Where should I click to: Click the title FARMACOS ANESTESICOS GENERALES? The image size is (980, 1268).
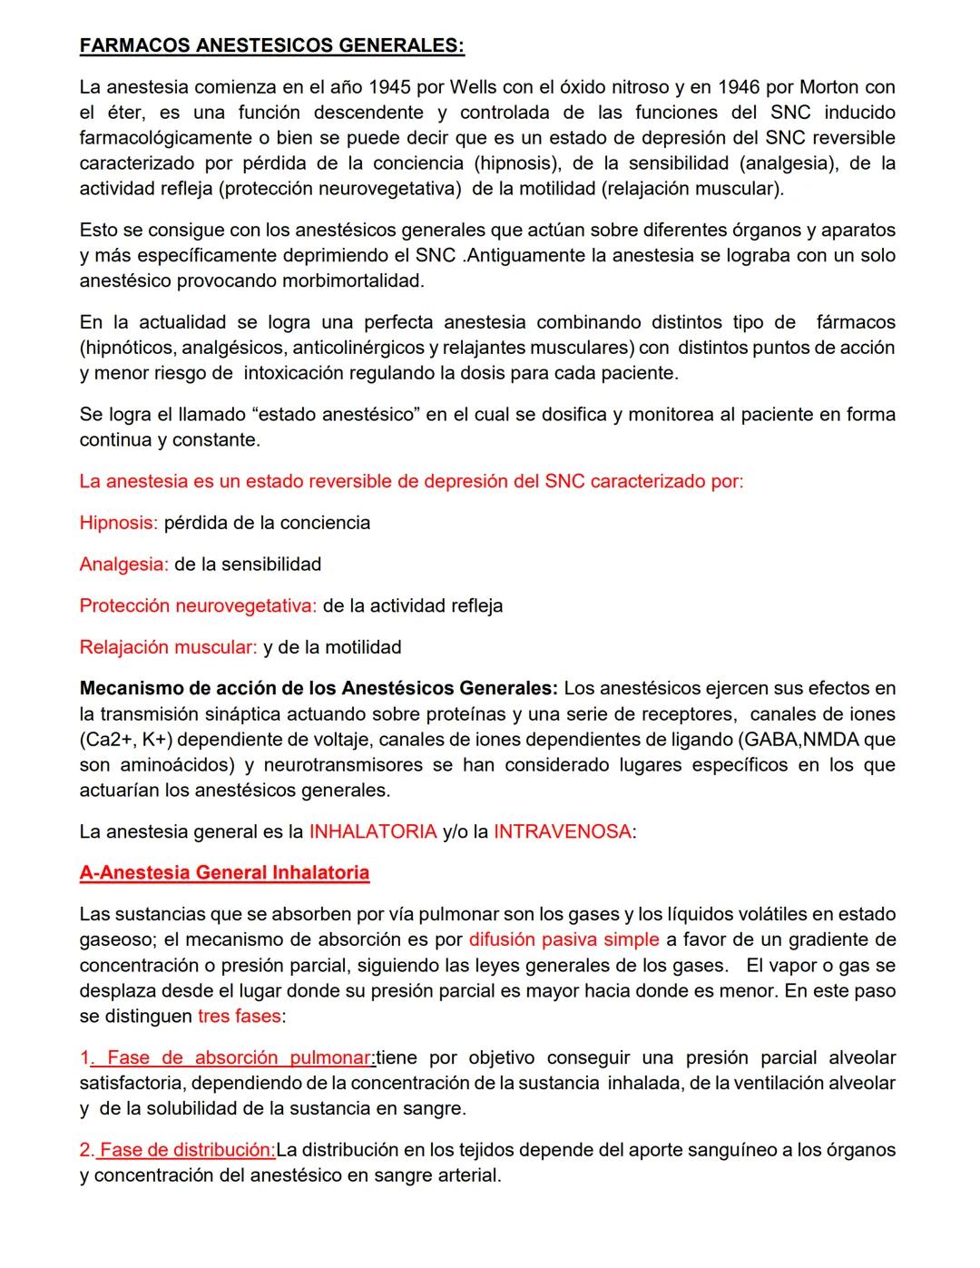[x=271, y=45]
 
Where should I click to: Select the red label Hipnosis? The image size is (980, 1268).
[x=118, y=523]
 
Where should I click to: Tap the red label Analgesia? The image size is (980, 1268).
[x=123, y=565]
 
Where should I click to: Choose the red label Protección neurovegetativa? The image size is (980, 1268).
[x=198, y=605]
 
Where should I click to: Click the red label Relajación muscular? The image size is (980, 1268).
[x=168, y=647]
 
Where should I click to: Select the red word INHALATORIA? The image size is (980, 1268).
[x=373, y=831]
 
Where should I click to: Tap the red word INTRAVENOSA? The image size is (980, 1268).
[x=562, y=831]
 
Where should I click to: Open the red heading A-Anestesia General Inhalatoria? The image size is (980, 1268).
[x=224, y=873]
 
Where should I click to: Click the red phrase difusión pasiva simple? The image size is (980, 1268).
[x=563, y=939]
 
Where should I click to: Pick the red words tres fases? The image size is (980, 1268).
[x=239, y=1016]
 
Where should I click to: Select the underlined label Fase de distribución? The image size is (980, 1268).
[x=187, y=1150]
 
